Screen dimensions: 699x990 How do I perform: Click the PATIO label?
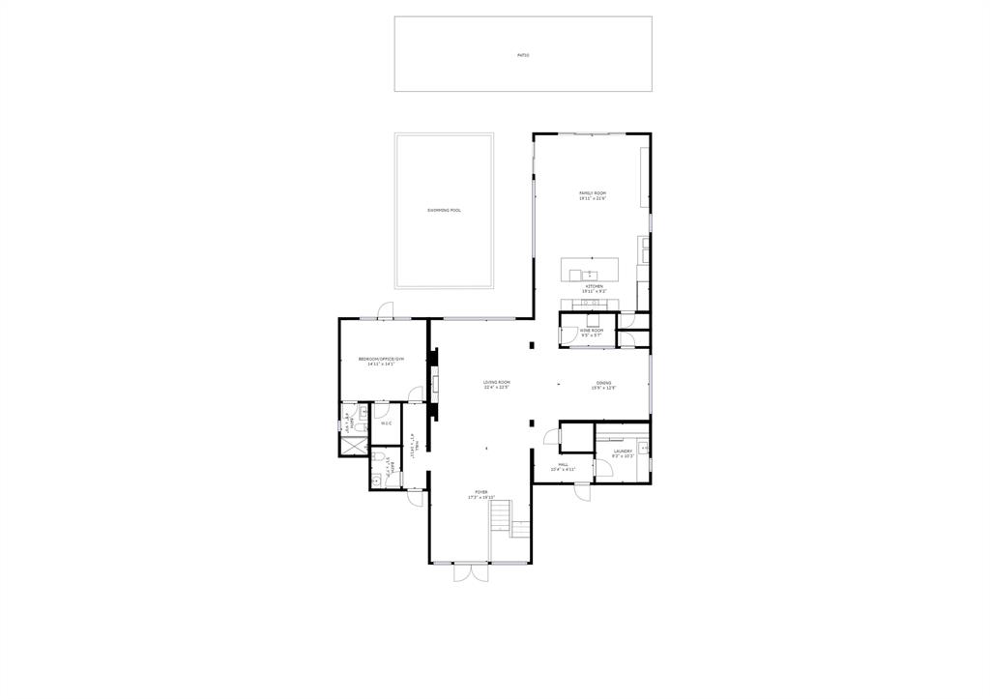click(523, 55)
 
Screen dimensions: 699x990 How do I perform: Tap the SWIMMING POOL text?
click(444, 210)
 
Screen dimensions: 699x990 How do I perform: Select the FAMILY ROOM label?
click(592, 195)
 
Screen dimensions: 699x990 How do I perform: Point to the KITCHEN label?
click(593, 288)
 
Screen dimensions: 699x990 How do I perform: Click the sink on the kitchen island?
click(590, 274)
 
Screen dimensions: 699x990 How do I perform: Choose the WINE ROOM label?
click(592, 332)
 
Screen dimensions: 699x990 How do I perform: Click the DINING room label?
click(604, 385)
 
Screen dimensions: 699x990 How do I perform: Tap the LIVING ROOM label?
click(497, 384)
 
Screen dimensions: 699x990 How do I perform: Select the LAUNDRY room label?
click(623, 452)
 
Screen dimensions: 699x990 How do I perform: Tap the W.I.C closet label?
click(386, 422)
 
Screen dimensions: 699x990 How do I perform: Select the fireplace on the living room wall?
click(436, 385)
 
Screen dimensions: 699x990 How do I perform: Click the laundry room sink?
click(643, 447)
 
